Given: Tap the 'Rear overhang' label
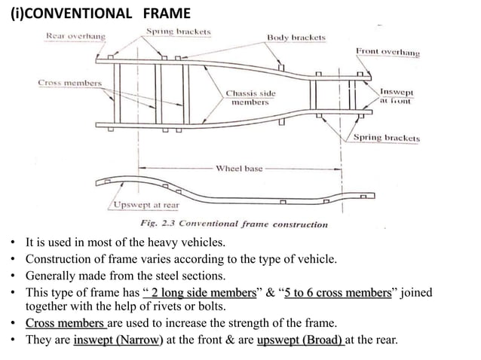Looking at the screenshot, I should pyautogui.click(x=76, y=35).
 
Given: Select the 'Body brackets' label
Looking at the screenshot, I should pyautogui.click(x=296, y=37).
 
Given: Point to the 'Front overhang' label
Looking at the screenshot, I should pyautogui.click(x=388, y=52).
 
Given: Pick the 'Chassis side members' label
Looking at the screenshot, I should pyautogui.click(x=251, y=98).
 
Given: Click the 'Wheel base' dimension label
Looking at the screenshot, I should pyautogui.click(x=239, y=169).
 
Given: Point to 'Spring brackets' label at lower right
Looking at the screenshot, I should pyautogui.click(x=387, y=139).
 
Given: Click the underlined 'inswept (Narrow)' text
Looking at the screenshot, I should pyautogui.click(x=118, y=339).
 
